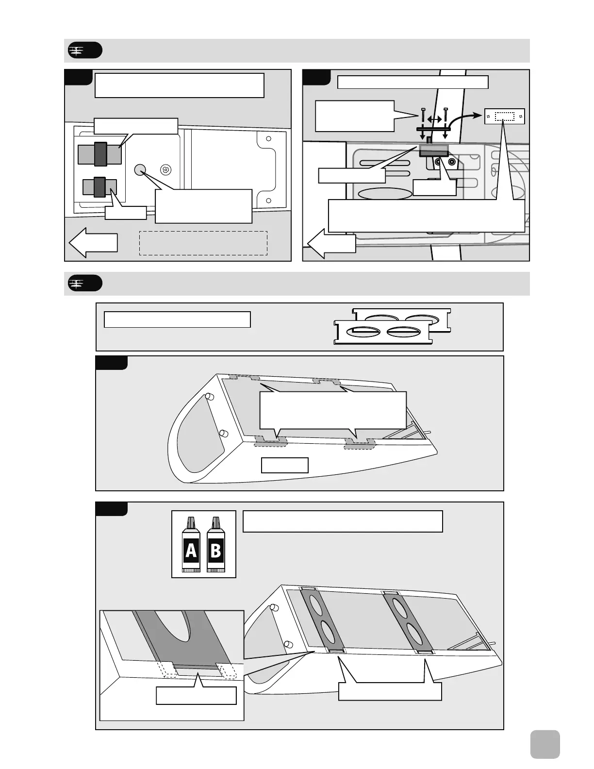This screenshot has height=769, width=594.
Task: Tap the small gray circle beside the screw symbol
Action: point(140,169)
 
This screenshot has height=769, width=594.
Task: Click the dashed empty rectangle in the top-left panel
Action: point(203,243)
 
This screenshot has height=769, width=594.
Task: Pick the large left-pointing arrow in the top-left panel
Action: point(93,242)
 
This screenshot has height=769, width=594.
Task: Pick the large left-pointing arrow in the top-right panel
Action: point(332,244)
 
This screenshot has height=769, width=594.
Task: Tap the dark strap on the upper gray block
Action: point(100,154)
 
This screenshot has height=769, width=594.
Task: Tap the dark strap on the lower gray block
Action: point(100,187)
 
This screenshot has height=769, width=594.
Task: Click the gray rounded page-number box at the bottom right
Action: point(545,744)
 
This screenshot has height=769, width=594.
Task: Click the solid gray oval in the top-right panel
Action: point(385,194)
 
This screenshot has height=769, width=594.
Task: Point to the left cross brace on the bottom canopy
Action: point(322,620)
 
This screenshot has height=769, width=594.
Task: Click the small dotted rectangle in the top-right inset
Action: point(505,117)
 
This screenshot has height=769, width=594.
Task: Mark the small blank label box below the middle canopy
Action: point(285,465)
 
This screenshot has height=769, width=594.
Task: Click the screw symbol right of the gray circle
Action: point(165,169)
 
